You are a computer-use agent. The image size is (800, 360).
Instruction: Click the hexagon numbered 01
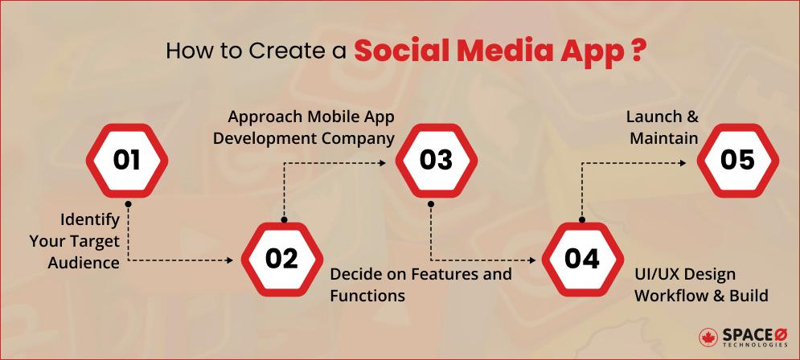(x=126, y=160)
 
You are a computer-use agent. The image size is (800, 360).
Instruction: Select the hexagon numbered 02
(x=281, y=259)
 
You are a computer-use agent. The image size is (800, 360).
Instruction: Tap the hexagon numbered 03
(x=436, y=160)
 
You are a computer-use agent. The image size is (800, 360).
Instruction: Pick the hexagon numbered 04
(x=581, y=259)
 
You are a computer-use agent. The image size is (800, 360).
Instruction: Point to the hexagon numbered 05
(x=736, y=160)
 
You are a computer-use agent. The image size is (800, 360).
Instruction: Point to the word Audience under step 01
(x=83, y=262)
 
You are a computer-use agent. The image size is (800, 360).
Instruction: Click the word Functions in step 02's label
(x=367, y=296)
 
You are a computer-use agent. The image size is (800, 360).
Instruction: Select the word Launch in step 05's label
(x=652, y=117)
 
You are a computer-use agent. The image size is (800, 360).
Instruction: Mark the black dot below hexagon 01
(x=127, y=203)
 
